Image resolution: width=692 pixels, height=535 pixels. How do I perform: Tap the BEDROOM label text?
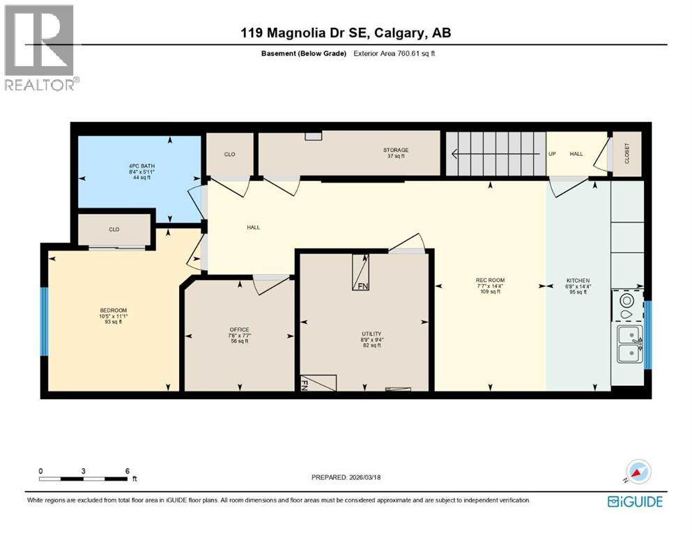click(113, 310)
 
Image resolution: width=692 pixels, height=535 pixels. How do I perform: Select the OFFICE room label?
click(239, 329)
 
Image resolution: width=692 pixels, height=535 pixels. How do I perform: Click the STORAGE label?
click(395, 150)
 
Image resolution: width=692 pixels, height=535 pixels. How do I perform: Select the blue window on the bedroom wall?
click(45, 320)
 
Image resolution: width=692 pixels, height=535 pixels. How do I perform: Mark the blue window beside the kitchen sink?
click(647, 334)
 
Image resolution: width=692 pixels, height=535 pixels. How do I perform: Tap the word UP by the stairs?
click(552, 154)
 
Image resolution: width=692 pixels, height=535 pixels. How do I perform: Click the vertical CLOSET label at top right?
click(626, 153)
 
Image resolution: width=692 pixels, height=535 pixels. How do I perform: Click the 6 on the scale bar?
click(127, 471)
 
